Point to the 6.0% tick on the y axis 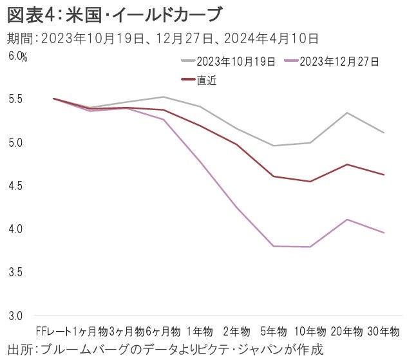(18, 57)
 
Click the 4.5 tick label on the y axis (16, 186)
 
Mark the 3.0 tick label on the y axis (16, 316)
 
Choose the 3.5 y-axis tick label (16, 272)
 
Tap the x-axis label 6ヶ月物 (163, 332)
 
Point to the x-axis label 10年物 (310, 332)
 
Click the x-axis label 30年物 (384, 332)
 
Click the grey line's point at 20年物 (348, 113)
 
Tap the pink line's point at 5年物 (274, 246)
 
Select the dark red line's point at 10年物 (310, 182)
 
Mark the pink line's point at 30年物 (384, 232)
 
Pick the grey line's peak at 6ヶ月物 (164, 97)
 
